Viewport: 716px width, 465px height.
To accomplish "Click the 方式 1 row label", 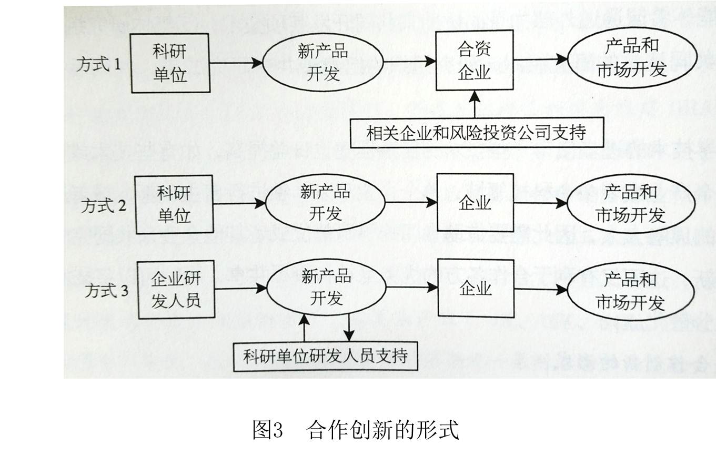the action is click(x=98, y=65).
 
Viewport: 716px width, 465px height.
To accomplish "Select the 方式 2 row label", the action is click(x=104, y=205).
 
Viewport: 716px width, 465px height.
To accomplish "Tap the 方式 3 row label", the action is click(x=106, y=291).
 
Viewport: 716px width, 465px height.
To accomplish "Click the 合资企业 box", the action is click(x=475, y=60).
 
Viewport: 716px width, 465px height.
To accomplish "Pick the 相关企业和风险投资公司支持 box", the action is click(x=477, y=133).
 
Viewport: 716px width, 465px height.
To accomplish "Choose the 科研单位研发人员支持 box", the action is click(x=326, y=357).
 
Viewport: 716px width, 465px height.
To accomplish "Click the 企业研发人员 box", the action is click(x=176, y=290).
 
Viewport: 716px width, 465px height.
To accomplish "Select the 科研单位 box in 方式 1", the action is click(x=170, y=63).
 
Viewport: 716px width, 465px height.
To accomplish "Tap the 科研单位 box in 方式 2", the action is click(x=174, y=204).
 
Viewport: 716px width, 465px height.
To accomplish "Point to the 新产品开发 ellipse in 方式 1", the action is click(x=323, y=63).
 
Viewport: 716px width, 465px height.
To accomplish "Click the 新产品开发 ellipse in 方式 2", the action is click(x=326, y=203).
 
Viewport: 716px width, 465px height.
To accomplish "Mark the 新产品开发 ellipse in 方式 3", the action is click(x=326, y=287).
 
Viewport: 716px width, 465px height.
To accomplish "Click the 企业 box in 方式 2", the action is click(x=475, y=203).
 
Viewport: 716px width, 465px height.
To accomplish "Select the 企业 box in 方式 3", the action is click(x=476, y=289).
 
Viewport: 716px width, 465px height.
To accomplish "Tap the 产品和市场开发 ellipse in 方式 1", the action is click(x=632, y=58).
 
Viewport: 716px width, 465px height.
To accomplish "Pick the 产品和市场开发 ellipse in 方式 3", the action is click(x=631, y=292).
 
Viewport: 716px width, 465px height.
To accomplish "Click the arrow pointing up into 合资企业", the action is click(x=475, y=104).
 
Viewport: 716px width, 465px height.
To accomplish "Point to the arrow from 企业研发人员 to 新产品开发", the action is click(x=241, y=289).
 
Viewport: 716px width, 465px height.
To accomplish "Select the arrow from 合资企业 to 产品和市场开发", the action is click(x=540, y=59).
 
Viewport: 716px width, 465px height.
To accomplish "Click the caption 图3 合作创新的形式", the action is click(x=356, y=430).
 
